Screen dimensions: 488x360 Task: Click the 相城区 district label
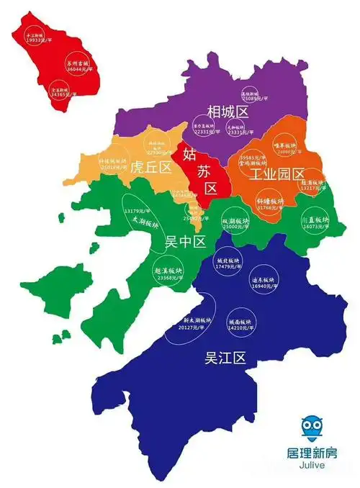coord(228,112)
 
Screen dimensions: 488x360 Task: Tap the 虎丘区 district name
coord(150,168)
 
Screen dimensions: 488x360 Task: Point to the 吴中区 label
coord(185,240)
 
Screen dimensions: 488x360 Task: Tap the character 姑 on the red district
coord(189,153)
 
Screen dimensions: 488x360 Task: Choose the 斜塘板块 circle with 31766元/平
coord(270,204)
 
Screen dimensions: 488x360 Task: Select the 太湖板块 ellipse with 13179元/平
coord(143,219)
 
